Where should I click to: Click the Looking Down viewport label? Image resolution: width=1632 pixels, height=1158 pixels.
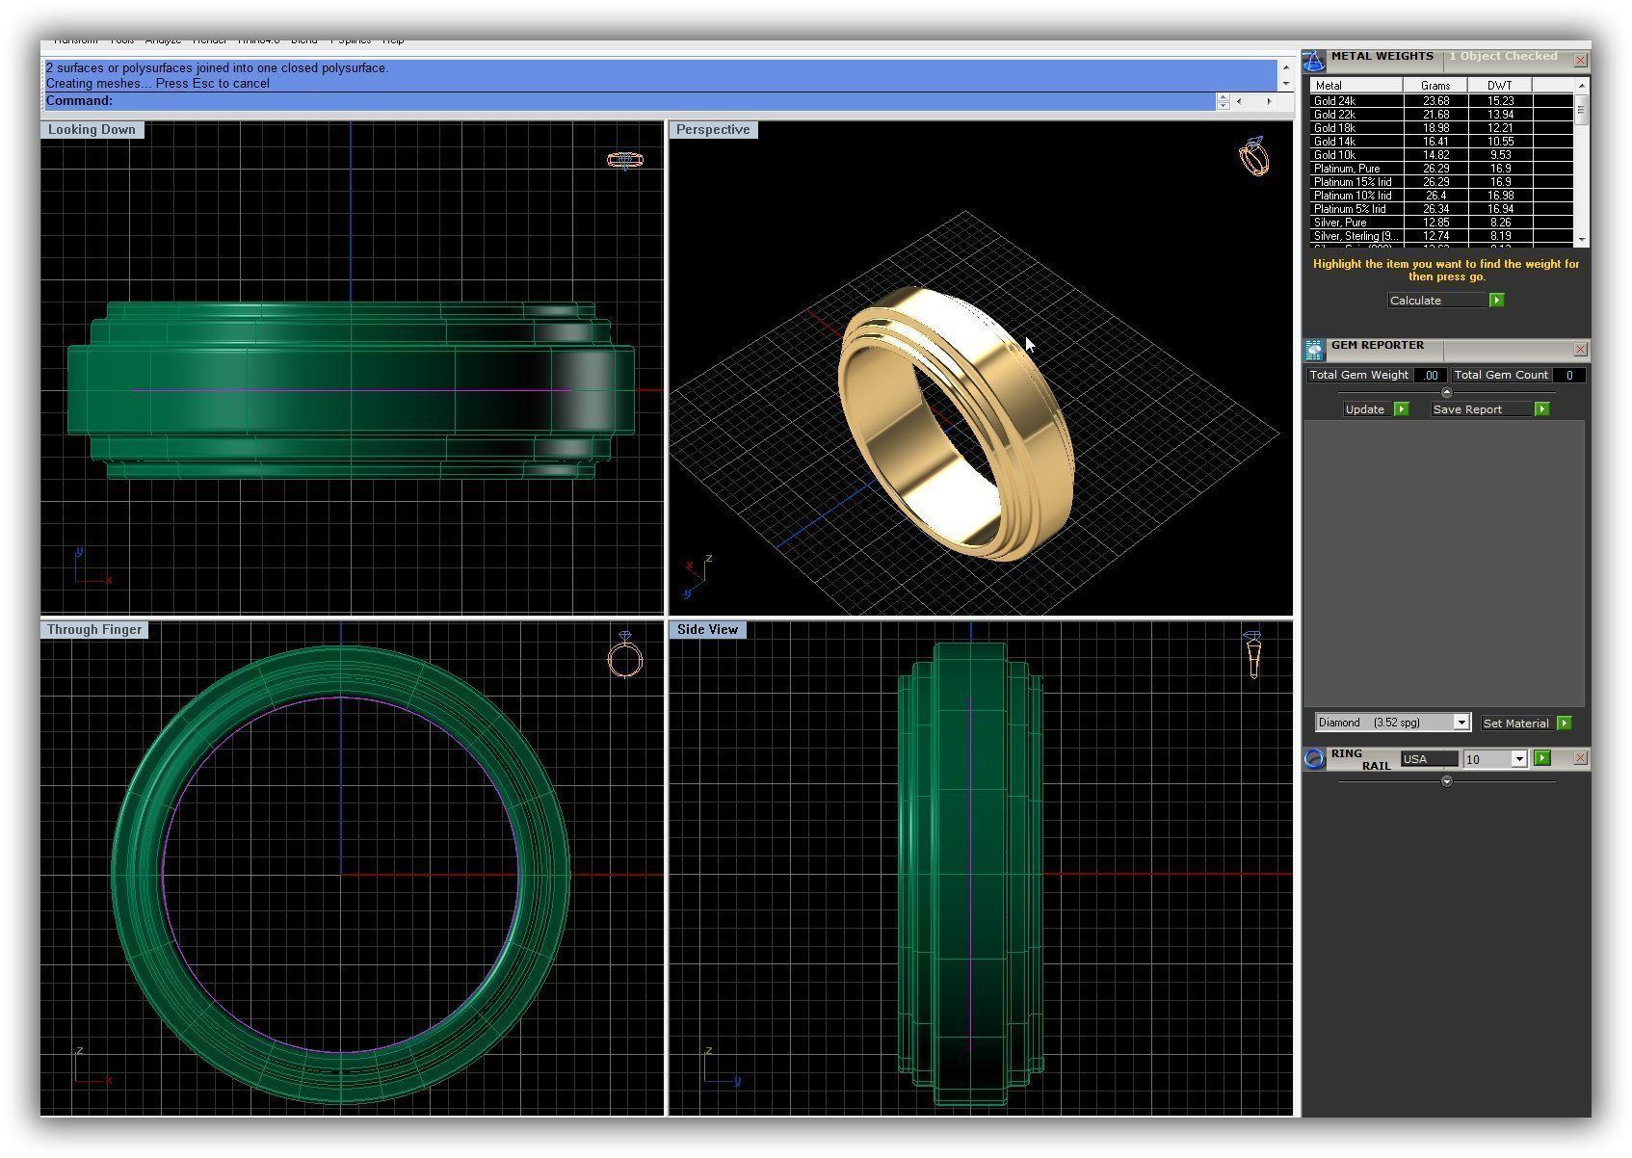point(92,130)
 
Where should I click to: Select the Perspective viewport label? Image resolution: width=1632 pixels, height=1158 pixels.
point(713,130)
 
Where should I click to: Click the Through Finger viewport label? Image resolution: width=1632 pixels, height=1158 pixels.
point(94,630)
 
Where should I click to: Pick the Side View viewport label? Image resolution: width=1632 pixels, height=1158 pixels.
point(707,630)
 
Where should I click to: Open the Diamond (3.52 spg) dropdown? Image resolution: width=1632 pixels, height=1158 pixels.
point(1461,723)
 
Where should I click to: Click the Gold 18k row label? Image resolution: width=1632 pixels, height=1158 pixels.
point(1334,128)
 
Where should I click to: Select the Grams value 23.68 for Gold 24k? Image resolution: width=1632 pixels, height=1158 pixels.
point(1435,101)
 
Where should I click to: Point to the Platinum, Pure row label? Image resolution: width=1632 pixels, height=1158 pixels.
point(1346,169)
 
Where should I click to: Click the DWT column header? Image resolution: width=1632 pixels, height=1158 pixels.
point(1499,86)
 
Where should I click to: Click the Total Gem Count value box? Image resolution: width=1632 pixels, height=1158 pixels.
point(1568,376)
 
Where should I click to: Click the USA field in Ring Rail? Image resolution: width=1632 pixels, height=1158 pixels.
point(1428,759)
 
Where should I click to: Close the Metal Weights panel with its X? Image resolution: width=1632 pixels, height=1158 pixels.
point(1580,61)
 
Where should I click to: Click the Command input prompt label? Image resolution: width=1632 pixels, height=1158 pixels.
point(79,101)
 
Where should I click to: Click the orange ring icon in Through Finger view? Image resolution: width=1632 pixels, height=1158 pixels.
point(625,655)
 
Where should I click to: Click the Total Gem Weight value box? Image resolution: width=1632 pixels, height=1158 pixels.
point(1431,376)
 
